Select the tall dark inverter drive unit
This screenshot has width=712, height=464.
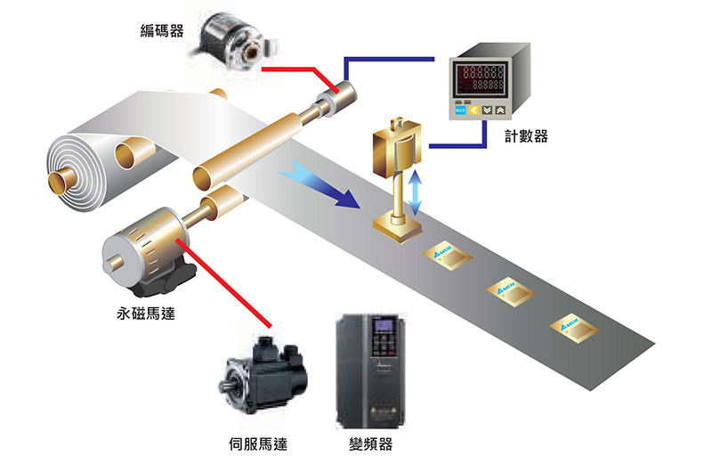click(366, 370)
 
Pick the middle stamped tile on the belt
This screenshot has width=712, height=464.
click(507, 291)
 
